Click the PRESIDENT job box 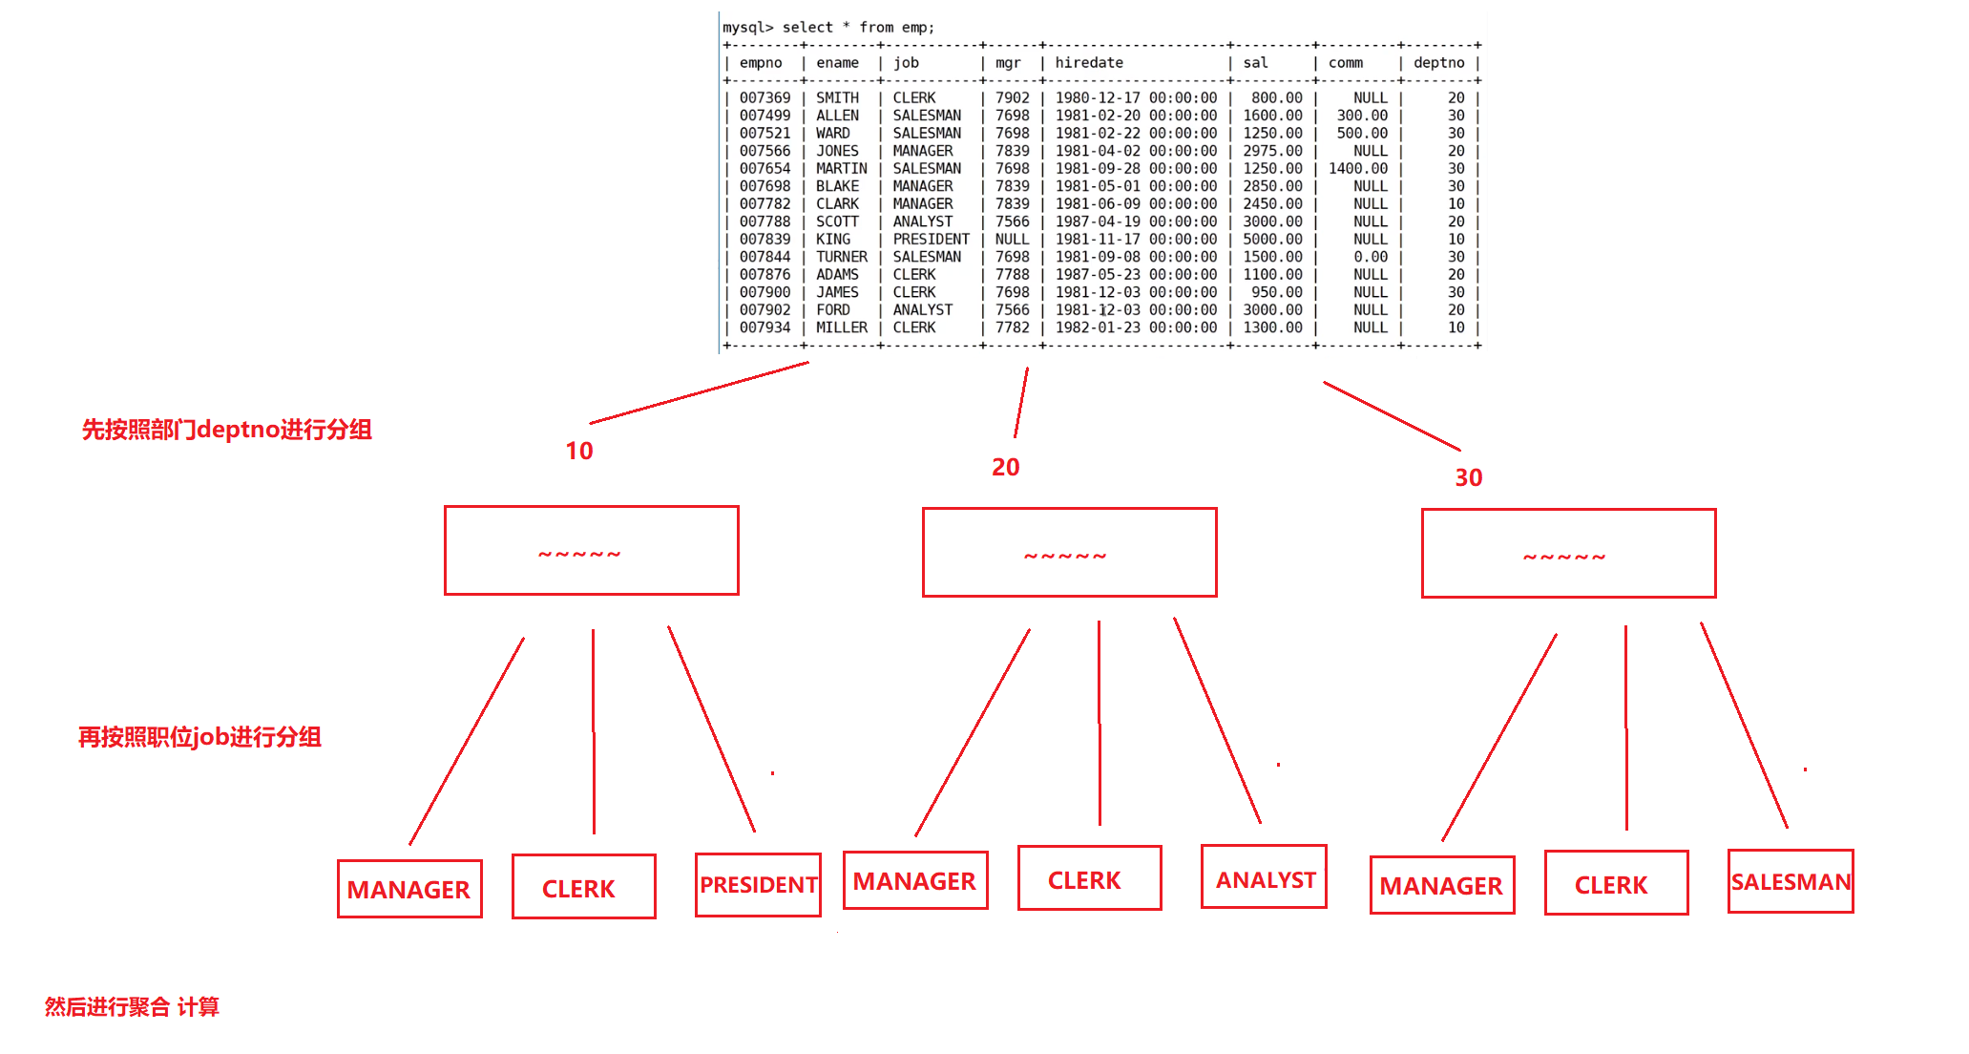pyautogui.click(x=758, y=885)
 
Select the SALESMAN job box pyautogui.click(x=1791, y=881)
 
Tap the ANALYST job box pyautogui.click(x=1264, y=877)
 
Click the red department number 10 pyautogui.click(x=578, y=451)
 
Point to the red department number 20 pyautogui.click(x=1005, y=467)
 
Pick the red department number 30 pyautogui.click(x=1468, y=477)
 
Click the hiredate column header pyautogui.click(x=1089, y=63)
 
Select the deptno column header pyautogui.click(x=1438, y=63)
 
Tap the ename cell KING pyautogui.click(x=832, y=240)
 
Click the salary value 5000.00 pyautogui.click(x=1272, y=240)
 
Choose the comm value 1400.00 pyautogui.click(x=1357, y=169)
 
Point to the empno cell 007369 pyautogui.click(x=765, y=98)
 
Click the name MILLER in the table pyautogui.click(x=841, y=327)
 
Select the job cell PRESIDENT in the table pyautogui.click(x=931, y=240)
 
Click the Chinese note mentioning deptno pyautogui.click(x=226, y=430)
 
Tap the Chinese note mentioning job pyautogui.click(x=199, y=737)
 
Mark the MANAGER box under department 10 pyautogui.click(x=409, y=889)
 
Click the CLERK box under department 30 pyautogui.click(x=1616, y=883)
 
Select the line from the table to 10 pyautogui.click(x=700, y=392)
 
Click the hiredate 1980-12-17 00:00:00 pyautogui.click(x=1136, y=98)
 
